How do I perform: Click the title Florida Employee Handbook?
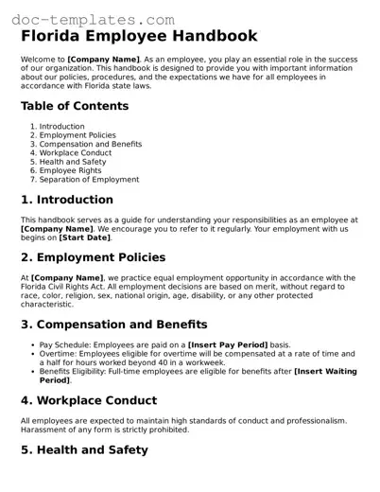(x=139, y=37)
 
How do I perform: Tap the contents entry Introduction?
(x=61, y=127)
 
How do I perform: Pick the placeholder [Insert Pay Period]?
(x=228, y=345)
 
